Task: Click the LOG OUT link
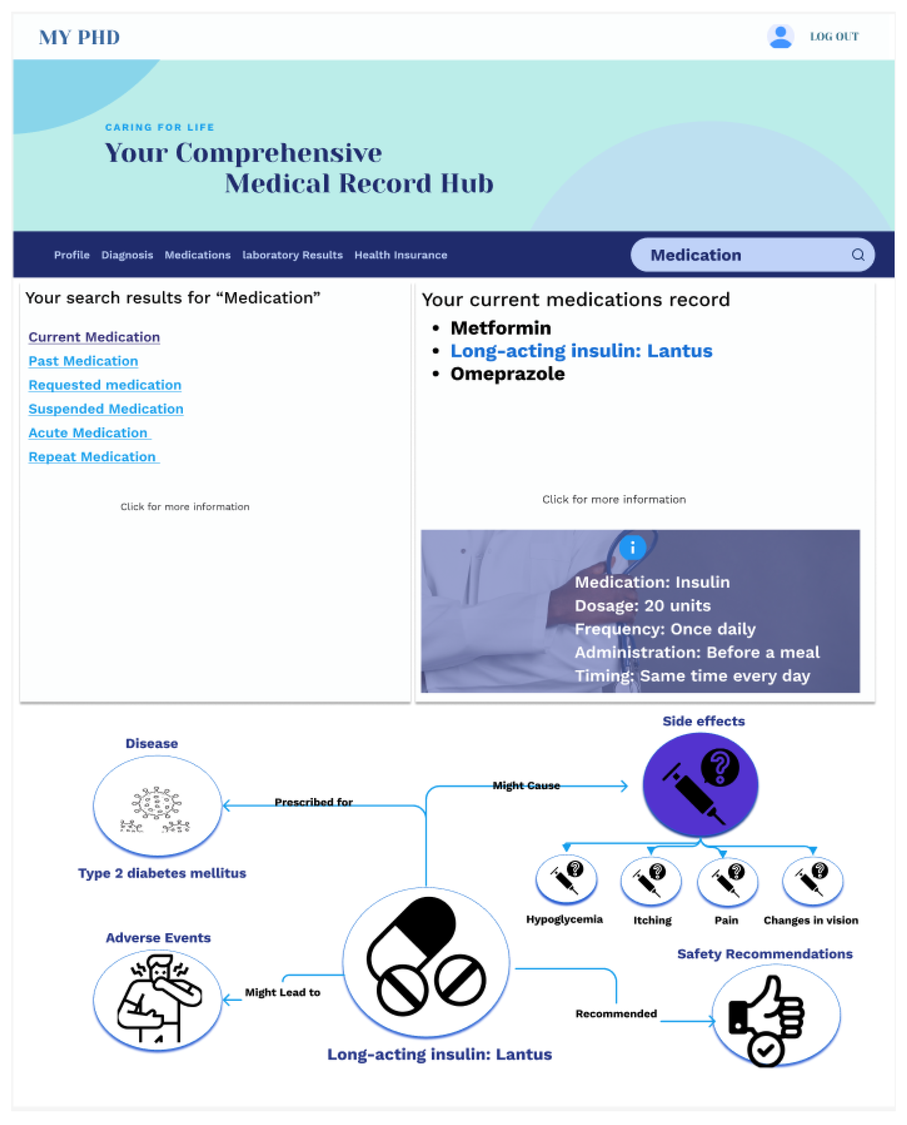(834, 37)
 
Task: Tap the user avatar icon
(780, 37)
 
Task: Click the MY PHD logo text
(79, 38)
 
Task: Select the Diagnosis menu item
(127, 255)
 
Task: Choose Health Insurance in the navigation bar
(401, 255)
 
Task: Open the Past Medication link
(83, 361)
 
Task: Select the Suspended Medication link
(106, 409)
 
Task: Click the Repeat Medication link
(92, 457)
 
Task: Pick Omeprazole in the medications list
(507, 374)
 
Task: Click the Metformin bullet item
(501, 328)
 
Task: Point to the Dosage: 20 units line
(643, 606)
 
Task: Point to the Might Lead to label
(282, 993)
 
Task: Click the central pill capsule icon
(426, 963)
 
